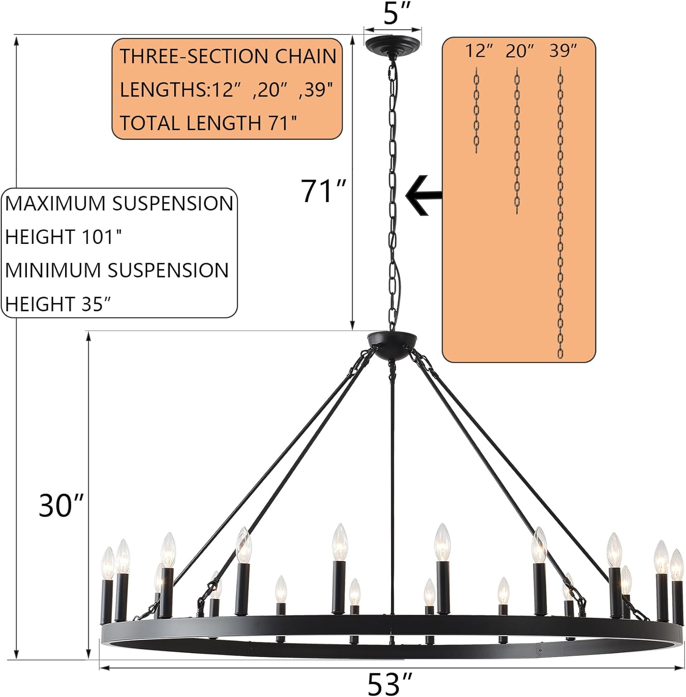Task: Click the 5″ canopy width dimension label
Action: click(x=392, y=14)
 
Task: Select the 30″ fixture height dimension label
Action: click(x=61, y=506)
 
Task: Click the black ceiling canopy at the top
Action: click(x=392, y=44)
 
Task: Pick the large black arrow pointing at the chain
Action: click(x=423, y=195)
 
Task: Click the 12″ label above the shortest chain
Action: click(x=479, y=51)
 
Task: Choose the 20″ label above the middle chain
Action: click(x=520, y=51)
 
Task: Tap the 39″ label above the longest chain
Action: click(x=563, y=51)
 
